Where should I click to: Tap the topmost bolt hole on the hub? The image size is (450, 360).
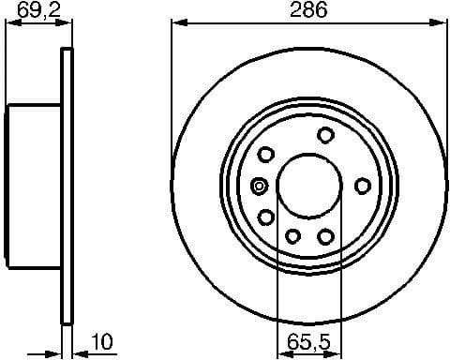click(x=324, y=134)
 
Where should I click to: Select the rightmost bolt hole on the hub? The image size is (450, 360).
click(x=362, y=186)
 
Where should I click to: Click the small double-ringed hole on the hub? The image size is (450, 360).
click(x=260, y=186)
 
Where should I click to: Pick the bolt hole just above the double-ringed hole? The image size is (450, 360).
click(x=265, y=155)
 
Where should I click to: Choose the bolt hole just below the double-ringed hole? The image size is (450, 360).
click(x=266, y=217)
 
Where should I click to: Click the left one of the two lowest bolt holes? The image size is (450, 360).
click(x=292, y=236)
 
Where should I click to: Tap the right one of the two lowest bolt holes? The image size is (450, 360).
click(x=325, y=236)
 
